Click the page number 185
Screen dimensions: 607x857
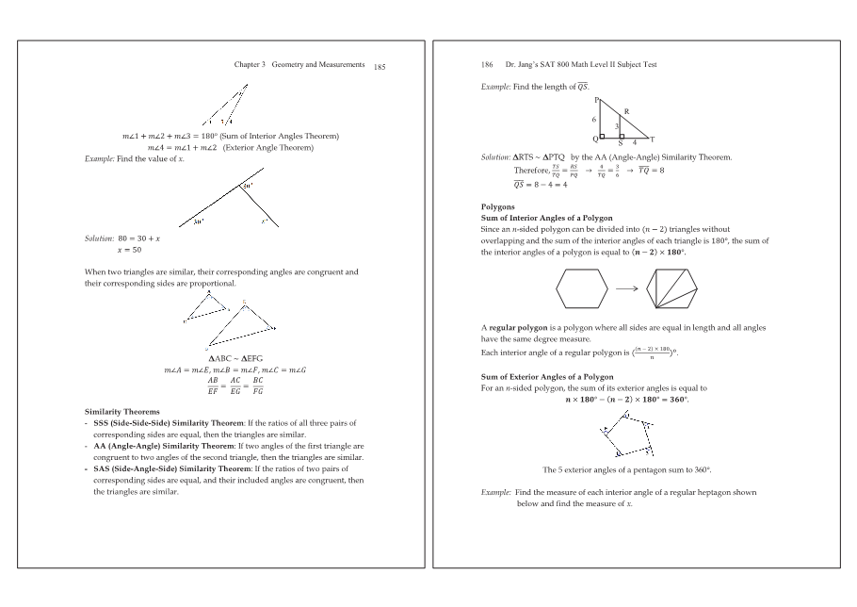coord(380,68)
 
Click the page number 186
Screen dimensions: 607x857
coord(487,65)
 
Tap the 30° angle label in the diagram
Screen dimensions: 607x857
coord(199,221)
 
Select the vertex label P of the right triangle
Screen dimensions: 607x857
coord(596,100)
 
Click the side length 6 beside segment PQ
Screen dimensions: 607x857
coord(593,120)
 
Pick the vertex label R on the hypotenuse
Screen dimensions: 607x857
coord(626,112)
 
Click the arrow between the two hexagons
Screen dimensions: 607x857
coord(629,288)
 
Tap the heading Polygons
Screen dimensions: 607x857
coord(498,206)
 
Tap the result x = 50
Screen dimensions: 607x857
coord(129,250)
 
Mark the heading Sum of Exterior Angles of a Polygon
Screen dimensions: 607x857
coord(547,377)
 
